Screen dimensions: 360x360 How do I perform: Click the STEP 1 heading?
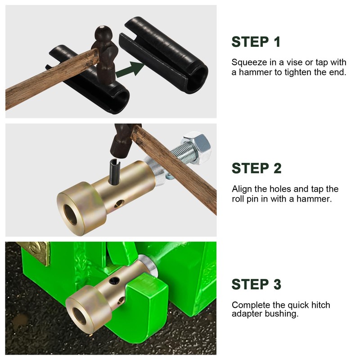click(256, 42)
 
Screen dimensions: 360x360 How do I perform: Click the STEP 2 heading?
click(256, 168)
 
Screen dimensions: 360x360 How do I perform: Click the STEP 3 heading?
click(256, 284)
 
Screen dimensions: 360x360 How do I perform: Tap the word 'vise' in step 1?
click(295, 62)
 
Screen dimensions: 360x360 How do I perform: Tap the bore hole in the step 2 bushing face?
click(70, 215)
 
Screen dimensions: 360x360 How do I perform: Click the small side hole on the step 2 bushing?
click(120, 203)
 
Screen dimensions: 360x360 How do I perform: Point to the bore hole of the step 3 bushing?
click(80, 316)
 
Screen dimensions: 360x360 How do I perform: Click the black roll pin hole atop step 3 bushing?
click(114, 280)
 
